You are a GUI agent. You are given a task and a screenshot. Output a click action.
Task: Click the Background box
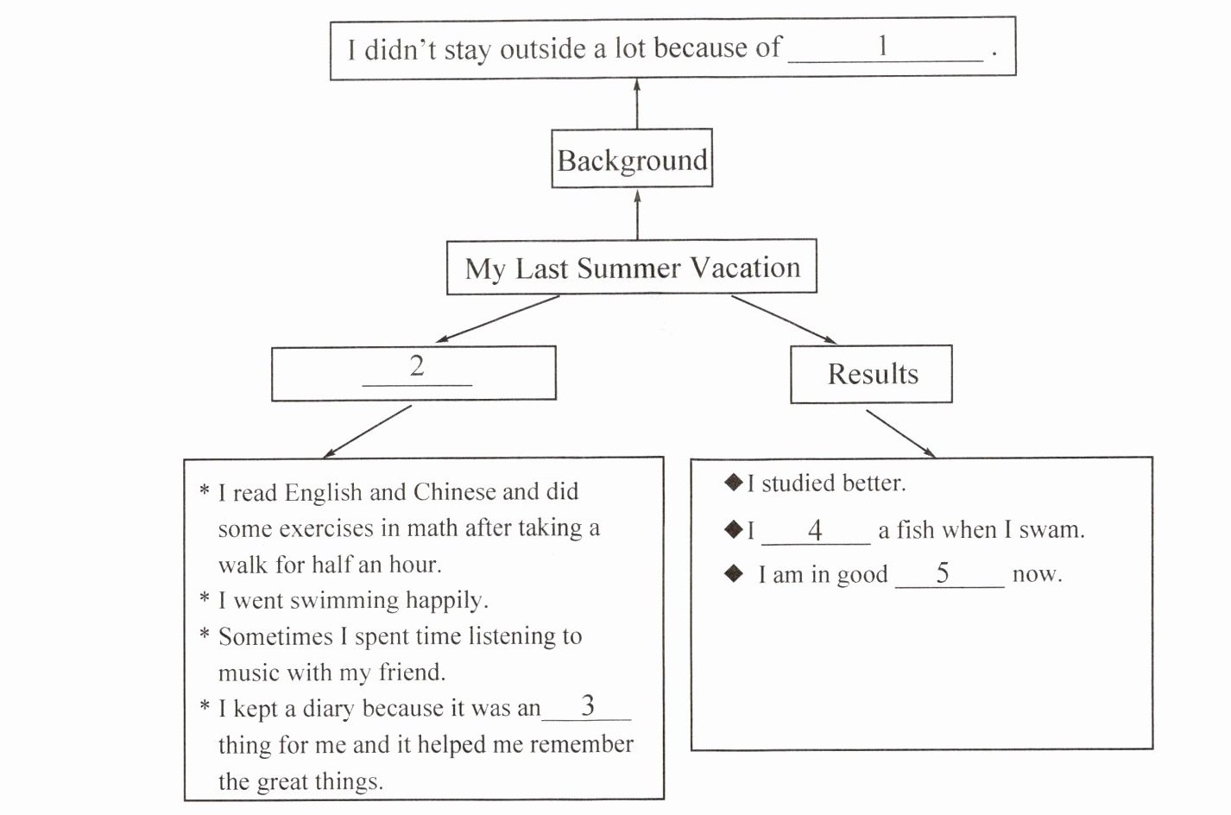pos(632,160)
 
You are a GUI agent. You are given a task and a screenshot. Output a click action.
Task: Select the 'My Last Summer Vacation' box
pos(632,268)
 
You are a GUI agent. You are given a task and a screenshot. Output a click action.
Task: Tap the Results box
pos(872,374)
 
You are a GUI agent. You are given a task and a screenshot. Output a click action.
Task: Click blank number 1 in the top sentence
pos(885,48)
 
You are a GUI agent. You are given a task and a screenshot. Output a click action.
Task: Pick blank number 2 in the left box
pos(417,369)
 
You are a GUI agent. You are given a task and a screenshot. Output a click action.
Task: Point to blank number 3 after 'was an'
pos(587,707)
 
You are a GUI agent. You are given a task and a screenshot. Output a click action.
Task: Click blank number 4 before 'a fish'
pos(815,531)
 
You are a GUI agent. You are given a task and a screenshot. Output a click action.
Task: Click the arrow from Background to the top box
pos(637,103)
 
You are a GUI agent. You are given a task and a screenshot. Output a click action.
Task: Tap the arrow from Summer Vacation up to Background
pos(637,213)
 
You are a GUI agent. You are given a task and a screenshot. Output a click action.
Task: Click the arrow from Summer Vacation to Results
pos(784,319)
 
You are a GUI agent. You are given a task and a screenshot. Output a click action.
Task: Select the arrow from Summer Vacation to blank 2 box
pos(498,319)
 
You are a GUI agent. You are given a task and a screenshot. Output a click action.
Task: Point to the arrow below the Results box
pos(900,433)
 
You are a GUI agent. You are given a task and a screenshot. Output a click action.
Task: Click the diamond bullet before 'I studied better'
pos(734,482)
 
